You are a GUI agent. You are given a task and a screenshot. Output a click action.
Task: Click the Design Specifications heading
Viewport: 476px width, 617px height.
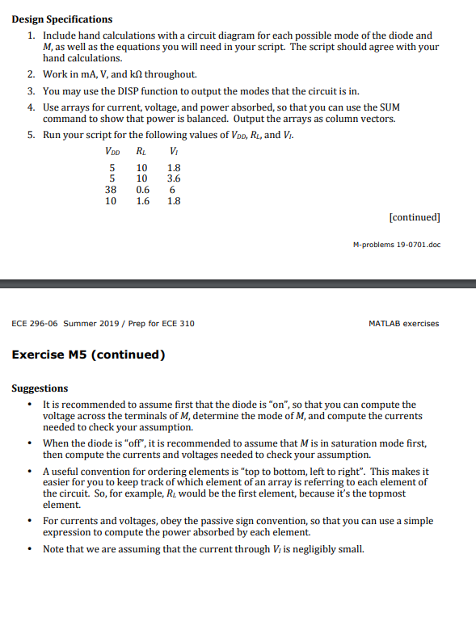click(62, 19)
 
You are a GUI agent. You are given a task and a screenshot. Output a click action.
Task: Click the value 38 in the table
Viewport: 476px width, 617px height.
click(112, 190)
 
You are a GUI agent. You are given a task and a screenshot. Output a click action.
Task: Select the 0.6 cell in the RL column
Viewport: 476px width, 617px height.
click(142, 190)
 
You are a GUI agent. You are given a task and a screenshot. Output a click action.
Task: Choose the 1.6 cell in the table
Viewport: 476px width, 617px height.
click(142, 201)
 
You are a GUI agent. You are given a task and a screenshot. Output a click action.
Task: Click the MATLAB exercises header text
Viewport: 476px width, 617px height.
click(403, 324)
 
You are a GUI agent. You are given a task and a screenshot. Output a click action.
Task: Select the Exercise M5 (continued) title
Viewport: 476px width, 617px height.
click(88, 355)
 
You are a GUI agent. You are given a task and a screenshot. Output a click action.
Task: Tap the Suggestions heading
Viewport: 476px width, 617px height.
click(40, 388)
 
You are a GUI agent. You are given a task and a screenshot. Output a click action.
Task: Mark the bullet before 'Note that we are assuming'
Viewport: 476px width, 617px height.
click(30, 549)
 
